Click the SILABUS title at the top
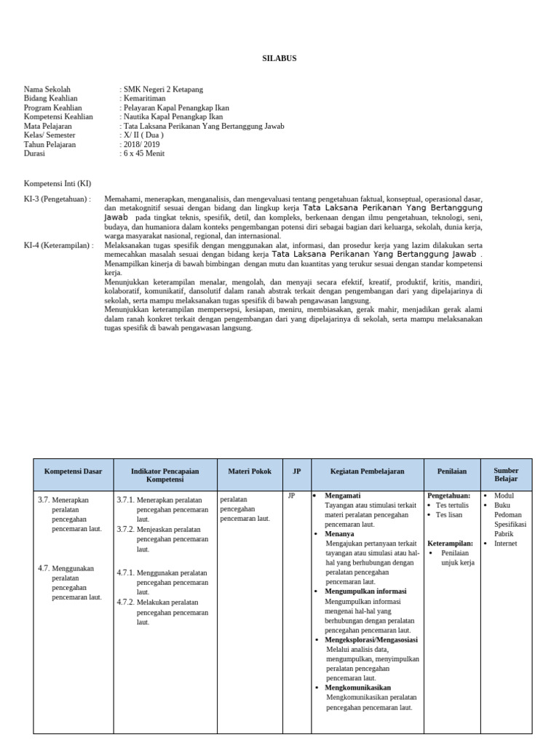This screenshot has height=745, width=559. click(x=279, y=58)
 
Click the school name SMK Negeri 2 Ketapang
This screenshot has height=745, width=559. click(x=164, y=89)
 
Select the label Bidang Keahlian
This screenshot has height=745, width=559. click(x=50, y=98)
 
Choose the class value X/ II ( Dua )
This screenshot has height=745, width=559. click(x=145, y=135)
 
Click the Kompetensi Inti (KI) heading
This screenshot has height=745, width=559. click(x=58, y=183)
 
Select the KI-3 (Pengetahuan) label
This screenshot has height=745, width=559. click(x=57, y=199)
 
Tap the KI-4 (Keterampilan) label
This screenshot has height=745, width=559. click(x=58, y=245)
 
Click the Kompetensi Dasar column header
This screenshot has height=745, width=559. click(x=74, y=471)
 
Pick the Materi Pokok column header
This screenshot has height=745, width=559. click(x=250, y=471)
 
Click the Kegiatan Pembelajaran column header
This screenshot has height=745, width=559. click(x=367, y=471)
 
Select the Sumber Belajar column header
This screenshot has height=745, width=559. click(x=506, y=475)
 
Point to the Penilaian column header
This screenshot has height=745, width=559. click(x=452, y=471)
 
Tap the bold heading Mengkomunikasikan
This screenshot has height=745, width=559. click(x=357, y=688)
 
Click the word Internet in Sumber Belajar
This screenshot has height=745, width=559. click(x=507, y=543)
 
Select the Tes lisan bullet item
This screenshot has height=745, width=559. click(x=451, y=514)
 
